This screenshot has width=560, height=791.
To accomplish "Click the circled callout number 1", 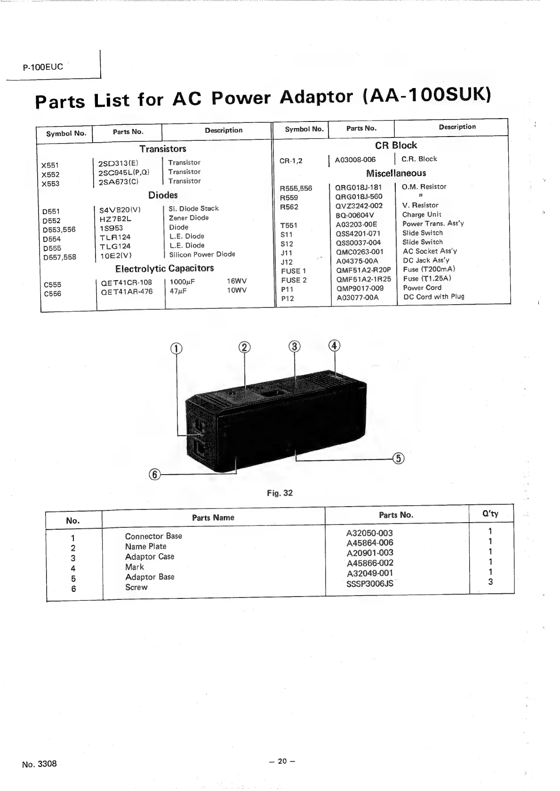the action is point(176,348).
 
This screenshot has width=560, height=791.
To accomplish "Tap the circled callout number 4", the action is point(334,346).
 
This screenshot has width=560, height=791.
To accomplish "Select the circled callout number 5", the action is point(398,458).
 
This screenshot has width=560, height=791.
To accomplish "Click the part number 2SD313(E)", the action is point(118,163).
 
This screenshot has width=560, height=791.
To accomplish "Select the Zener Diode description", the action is point(189,218).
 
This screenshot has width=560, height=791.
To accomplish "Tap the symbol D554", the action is point(52,239).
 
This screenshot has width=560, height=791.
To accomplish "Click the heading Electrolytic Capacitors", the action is point(164,268).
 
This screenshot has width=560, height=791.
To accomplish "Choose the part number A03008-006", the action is point(355,160).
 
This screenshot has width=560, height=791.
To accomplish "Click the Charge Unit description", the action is point(422,215).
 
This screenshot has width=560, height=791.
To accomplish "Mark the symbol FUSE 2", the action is point(294,280).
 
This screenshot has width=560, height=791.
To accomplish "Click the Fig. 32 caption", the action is point(280,493).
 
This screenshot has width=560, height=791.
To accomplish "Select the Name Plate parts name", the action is point(145,547).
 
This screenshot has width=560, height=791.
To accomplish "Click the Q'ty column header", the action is point(490,514).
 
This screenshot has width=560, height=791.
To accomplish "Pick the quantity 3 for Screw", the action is point(490,582).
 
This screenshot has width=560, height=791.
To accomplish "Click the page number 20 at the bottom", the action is point(282,761).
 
